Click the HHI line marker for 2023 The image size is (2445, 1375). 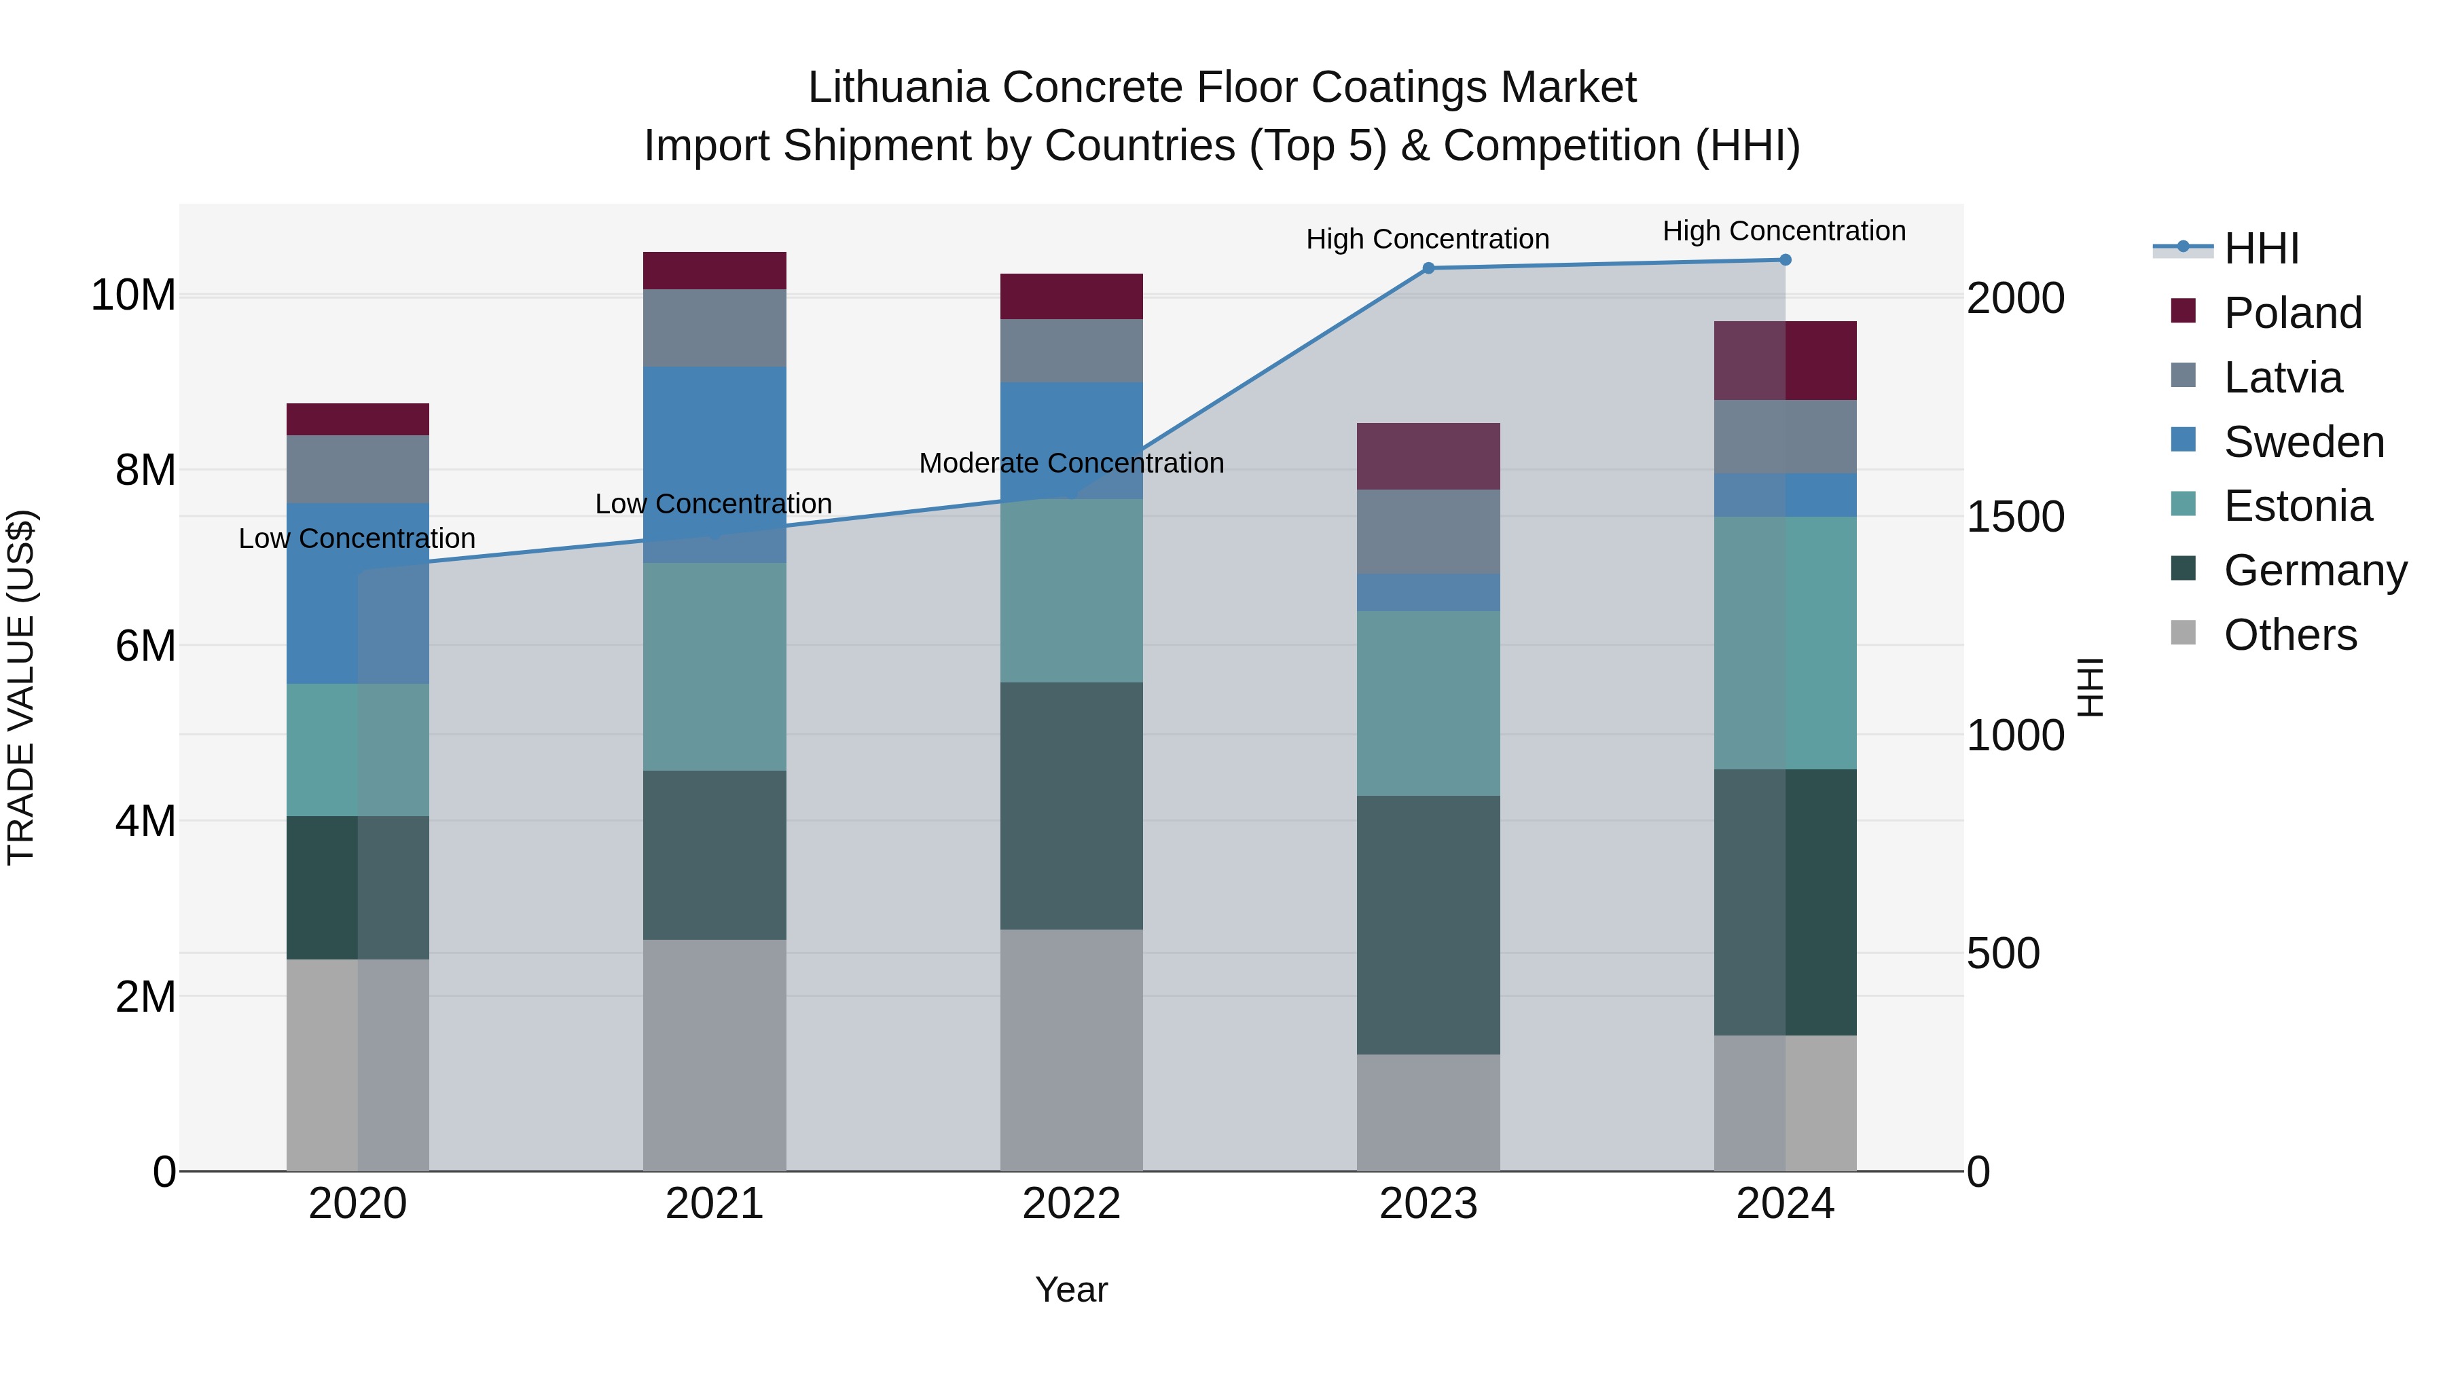click(1428, 268)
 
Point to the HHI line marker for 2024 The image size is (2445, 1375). click(1784, 260)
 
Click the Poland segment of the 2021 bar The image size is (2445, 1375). click(714, 270)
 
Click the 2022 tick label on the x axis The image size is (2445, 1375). click(1070, 1204)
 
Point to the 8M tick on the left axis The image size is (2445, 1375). click(145, 470)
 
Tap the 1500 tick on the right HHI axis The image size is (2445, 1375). click(2014, 517)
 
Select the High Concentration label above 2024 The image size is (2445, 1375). click(1783, 231)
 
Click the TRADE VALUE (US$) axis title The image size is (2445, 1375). click(22, 687)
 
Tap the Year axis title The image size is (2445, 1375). click(1070, 1289)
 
